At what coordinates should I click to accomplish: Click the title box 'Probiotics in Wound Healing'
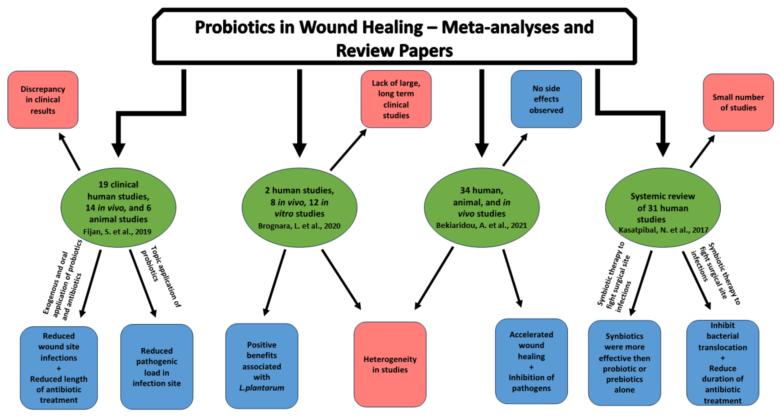click(x=394, y=36)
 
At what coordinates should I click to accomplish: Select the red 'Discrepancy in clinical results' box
click(x=43, y=100)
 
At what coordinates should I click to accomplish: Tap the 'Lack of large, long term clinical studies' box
click(x=396, y=99)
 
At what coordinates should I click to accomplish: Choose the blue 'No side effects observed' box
click(x=546, y=99)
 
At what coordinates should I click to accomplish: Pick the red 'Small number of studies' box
click(x=738, y=102)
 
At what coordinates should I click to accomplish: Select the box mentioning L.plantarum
click(x=262, y=366)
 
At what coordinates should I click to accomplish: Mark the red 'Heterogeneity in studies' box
click(x=390, y=364)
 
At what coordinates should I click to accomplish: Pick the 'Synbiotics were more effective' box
click(x=624, y=363)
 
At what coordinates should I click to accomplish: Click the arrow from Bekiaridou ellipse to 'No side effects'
click(x=515, y=150)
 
